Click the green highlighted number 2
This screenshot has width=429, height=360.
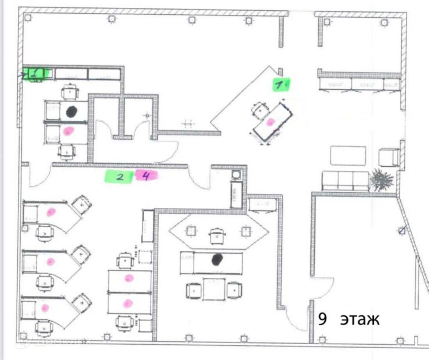click(x=119, y=177)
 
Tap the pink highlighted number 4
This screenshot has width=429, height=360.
click(x=146, y=175)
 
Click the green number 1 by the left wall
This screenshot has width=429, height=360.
click(x=34, y=73)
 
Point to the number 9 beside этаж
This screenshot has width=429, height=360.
click(x=322, y=319)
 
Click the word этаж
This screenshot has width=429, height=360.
click(x=360, y=320)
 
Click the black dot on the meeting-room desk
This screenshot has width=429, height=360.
click(x=218, y=259)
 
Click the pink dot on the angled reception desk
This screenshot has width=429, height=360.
click(x=270, y=122)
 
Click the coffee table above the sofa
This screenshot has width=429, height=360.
click(x=348, y=156)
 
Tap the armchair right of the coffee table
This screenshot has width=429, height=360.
click(x=389, y=157)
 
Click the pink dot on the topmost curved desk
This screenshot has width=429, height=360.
click(x=51, y=212)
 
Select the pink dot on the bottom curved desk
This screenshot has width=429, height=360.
click(x=45, y=308)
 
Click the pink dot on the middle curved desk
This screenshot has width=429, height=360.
click(x=50, y=261)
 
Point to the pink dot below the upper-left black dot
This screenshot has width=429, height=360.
click(x=68, y=131)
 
